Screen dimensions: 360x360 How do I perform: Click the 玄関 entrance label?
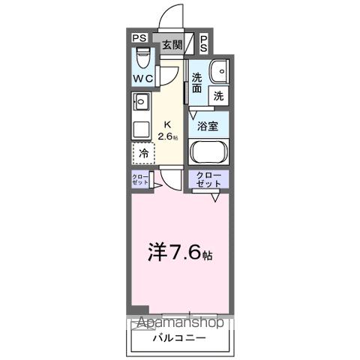pyautogui.click(x=172, y=44)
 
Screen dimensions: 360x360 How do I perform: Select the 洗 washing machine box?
pyautogui.click(x=218, y=96)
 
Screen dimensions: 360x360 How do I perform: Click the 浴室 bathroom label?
pyautogui.click(x=208, y=127)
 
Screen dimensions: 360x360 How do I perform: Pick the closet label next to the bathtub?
pyautogui.click(x=208, y=179)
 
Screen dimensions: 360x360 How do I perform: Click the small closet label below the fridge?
pyautogui.click(x=140, y=180)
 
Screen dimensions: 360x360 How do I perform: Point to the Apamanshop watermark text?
pyautogui.click(x=179, y=323)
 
